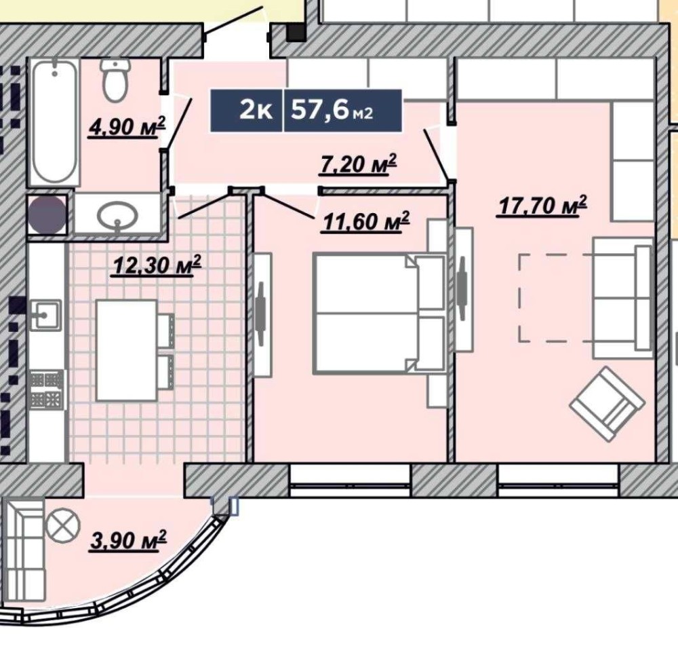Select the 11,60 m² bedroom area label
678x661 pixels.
(366, 222)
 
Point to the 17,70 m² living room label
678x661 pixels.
(542, 205)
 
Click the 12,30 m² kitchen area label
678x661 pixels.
(156, 265)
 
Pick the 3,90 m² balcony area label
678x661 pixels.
(127, 540)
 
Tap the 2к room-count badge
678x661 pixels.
(256, 111)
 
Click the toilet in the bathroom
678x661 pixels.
(115, 79)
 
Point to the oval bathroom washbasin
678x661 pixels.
(117, 215)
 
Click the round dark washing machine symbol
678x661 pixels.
(47, 214)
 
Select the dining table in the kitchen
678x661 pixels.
(126, 350)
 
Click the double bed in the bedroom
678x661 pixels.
(379, 313)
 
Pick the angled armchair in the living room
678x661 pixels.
(607, 403)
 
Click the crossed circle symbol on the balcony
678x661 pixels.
(63, 525)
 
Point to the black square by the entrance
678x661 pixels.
(296, 33)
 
